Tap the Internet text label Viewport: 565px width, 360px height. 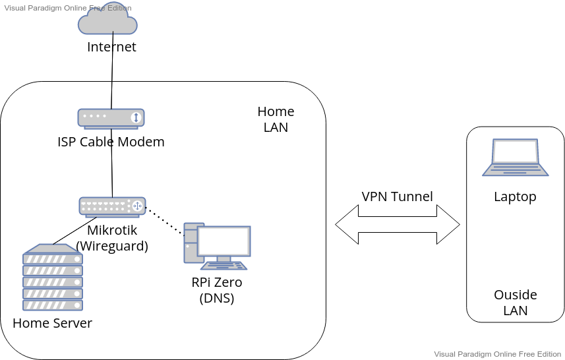(111, 47)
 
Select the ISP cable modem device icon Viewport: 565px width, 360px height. (111, 118)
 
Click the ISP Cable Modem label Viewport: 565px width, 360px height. (111, 142)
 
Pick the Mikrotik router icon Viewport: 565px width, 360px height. (112, 206)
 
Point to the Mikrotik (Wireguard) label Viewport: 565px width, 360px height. (112, 238)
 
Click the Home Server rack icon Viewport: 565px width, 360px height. (53, 278)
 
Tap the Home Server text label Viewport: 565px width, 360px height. (52, 323)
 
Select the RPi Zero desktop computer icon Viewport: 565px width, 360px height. (217, 246)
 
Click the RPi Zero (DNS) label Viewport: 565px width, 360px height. (217, 290)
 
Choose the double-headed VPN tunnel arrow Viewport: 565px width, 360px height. (397, 225)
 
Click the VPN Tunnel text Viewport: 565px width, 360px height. (397, 196)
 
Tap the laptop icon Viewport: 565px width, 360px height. (515, 158)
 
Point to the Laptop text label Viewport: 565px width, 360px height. (515, 196)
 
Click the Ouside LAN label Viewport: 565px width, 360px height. (515, 303)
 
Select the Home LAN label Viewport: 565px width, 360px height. (276, 119)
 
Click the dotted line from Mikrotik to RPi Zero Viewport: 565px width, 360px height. (164, 222)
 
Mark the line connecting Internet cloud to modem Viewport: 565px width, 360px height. (113, 79)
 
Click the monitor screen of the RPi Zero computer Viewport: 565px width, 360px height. (224, 241)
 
